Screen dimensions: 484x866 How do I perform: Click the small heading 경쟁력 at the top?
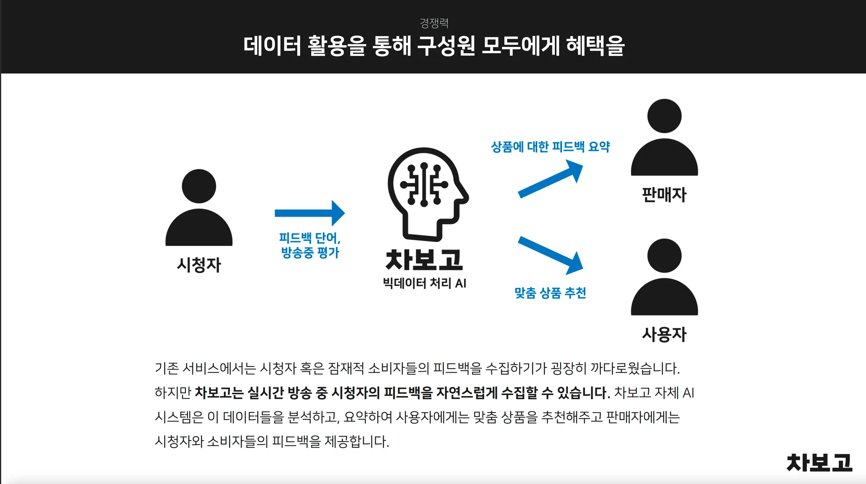(434, 23)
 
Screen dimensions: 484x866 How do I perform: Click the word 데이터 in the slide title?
(272, 46)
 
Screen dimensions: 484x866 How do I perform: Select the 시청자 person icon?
(199, 208)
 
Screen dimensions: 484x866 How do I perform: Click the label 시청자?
(199, 265)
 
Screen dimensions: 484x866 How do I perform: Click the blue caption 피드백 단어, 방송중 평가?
(310, 245)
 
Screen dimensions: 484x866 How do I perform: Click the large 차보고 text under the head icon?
(424, 260)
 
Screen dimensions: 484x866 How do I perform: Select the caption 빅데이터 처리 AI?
(424, 283)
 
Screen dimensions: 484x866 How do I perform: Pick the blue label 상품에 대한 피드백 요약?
(550, 147)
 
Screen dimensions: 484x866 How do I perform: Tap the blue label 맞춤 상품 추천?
(550, 293)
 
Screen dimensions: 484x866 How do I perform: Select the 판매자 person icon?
(664, 137)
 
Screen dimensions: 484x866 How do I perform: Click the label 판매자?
(664, 195)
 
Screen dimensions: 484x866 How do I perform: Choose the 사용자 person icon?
(664, 277)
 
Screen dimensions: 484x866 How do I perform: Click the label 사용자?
(664, 335)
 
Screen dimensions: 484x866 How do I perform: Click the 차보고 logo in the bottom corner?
(819, 462)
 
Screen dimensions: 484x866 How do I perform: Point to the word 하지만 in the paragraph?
(173, 393)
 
